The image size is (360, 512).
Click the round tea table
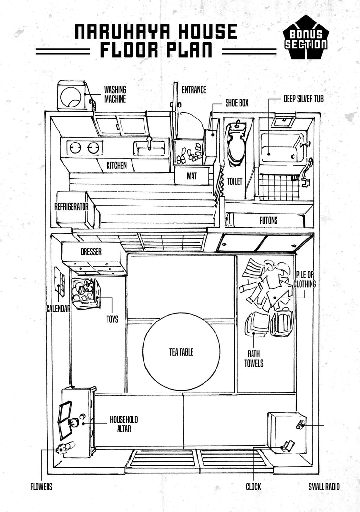pos(181,352)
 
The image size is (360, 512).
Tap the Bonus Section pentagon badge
pos(306,37)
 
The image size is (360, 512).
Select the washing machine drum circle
pos(71,97)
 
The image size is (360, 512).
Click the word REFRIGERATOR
pos(71,207)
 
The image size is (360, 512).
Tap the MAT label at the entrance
pos(192,176)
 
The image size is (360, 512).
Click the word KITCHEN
pos(117,165)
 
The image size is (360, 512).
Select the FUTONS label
pos(268,220)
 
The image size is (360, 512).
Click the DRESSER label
pos(91,252)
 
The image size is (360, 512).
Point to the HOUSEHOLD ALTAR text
pos(124,424)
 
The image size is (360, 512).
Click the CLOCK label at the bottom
pos(253,487)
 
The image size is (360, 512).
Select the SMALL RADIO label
pos(324,487)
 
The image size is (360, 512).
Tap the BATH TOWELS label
pos(254,358)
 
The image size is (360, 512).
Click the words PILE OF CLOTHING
pos(305,279)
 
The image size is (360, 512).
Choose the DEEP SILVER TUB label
pos(303,99)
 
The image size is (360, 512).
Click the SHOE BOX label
pos(237,103)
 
